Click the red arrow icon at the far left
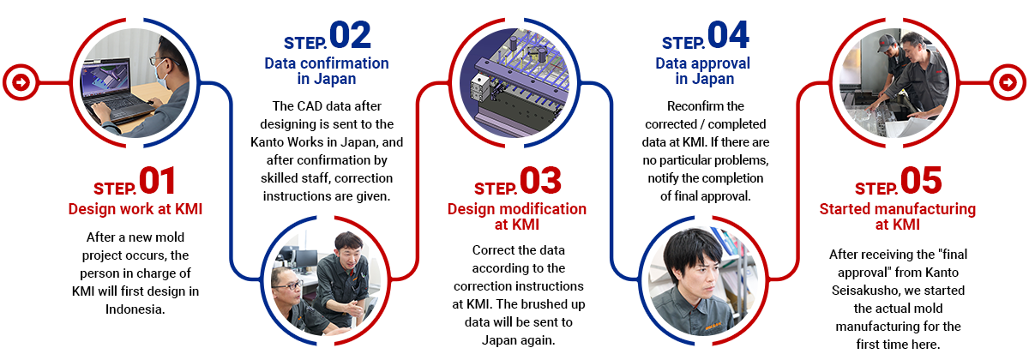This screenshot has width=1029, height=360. [x=21, y=82]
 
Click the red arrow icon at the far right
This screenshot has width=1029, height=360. [x=1008, y=82]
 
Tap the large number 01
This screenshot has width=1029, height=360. [x=157, y=181]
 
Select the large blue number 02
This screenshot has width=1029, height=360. [x=350, y=35]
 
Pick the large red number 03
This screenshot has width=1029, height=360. [x=541, y=181]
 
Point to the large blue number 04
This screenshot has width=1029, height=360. [x=729, y=35]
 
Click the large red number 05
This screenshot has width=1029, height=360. [x=921, y=181]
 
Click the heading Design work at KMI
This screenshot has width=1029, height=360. [x=135, y=209]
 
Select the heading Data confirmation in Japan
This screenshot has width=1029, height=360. [x=327, y=70]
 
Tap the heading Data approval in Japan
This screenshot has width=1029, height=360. [x=703, y=70]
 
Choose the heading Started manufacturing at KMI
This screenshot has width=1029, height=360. [x=898, y=217]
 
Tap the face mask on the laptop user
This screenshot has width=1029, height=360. [x=161, y=75]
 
